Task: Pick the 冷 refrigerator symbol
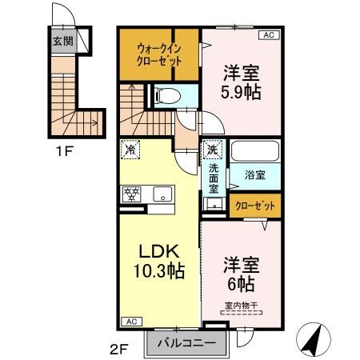[130, 149]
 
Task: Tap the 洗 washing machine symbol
[213, 149]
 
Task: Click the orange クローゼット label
[254, 206]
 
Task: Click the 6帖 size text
[241, 283]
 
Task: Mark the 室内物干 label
[242, 305]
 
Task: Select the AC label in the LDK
[130, 321]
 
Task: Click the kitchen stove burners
[131, 193]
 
